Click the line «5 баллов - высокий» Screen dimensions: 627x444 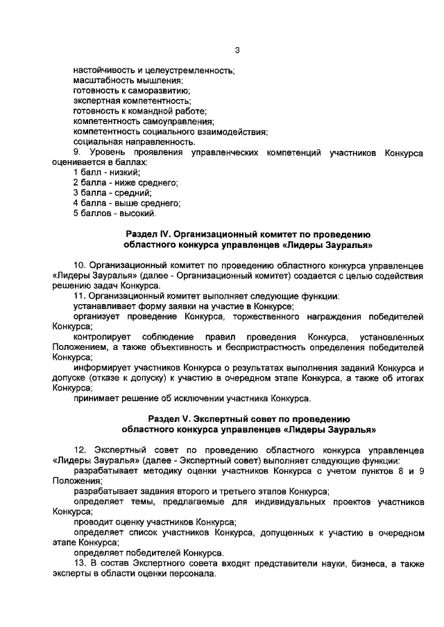114,213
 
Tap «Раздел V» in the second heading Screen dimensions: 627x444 169,418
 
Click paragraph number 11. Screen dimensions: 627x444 78,296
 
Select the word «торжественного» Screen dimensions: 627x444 261,316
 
